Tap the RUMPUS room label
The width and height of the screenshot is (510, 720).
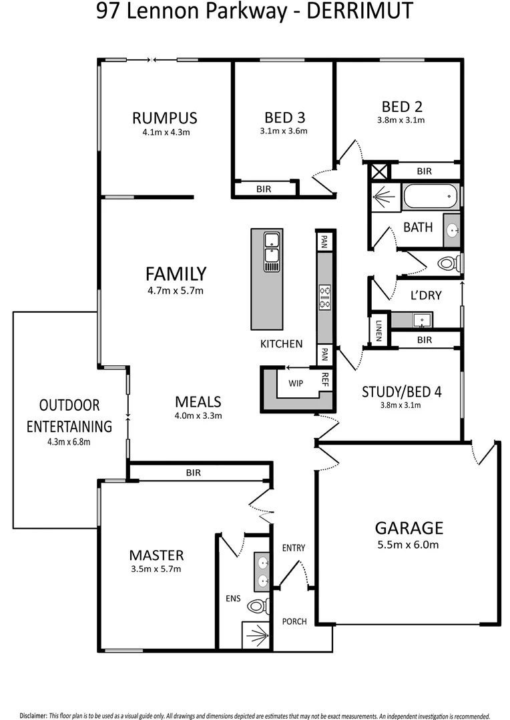(x=165, y=118)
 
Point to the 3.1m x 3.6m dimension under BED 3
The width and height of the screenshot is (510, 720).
(x=284, y=131)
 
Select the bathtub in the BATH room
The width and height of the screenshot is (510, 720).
(x=430, y=197)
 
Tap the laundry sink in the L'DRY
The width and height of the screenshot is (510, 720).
(x=422, y=321)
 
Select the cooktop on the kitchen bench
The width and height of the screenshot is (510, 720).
(x=325, y=297)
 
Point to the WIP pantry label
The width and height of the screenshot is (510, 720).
(x=296, y=383)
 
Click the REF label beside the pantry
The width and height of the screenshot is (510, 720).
(x=325, y=379)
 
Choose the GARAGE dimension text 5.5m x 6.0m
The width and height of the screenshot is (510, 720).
(x=409, y=545)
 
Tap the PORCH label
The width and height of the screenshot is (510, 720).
(x=294, y=621)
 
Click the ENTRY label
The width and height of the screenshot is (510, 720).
(x=293, y=548)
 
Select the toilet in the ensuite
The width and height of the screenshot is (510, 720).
(x=257, y=606)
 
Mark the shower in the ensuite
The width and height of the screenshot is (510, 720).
(x=255, y=635)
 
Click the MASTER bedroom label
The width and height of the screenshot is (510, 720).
(x=156, y=555)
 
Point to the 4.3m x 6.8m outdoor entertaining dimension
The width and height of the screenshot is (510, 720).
(x=69, y=441)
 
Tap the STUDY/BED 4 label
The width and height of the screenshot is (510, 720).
(x=401, y=391)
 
